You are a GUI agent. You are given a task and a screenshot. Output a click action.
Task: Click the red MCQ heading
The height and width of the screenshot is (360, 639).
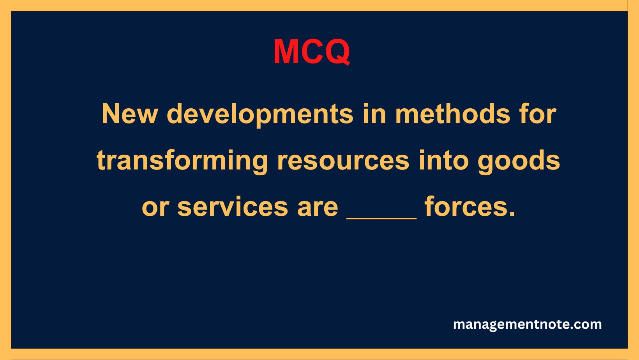(x=312, y=52)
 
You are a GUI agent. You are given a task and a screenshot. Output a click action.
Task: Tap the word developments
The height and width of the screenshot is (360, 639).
(x=260, y=115)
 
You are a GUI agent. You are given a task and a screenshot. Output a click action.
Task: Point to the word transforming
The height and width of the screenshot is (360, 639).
(x=182, y=161)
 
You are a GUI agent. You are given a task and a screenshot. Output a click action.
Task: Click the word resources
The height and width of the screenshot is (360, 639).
(x=343, y=161)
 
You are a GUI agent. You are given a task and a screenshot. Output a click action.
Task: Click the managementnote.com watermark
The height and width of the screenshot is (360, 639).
(x=527, y=324)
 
